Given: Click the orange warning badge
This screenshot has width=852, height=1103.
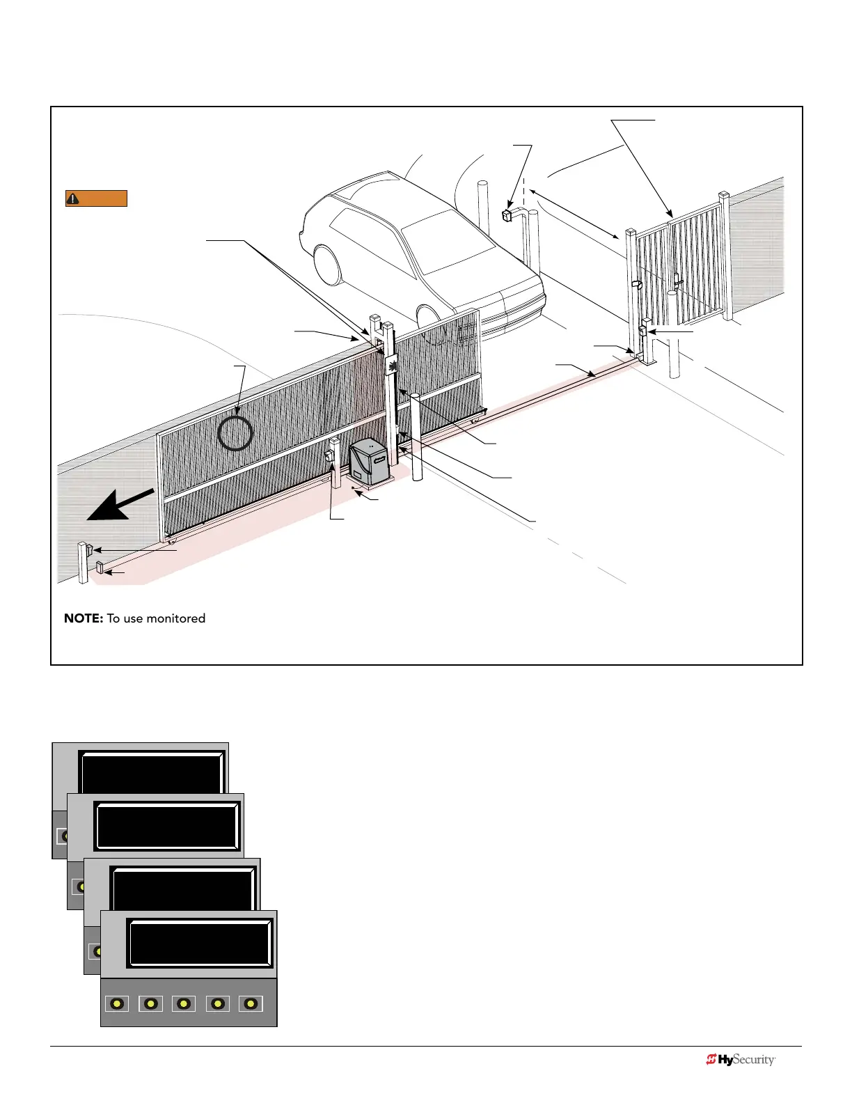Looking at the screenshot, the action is tap(96, 198).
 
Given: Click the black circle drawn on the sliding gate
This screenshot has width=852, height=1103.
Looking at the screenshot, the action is tap(235, 433).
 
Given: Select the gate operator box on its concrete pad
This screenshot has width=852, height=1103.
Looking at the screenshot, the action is tap(369, 462).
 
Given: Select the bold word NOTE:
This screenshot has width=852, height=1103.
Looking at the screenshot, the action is tap(84, 618).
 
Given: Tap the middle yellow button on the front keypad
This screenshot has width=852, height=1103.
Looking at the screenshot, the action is tap(184, 1003).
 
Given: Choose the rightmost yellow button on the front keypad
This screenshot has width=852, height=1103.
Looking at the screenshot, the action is tap(251, 1003).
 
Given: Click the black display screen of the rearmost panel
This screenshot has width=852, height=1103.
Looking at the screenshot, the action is tap(152, 772).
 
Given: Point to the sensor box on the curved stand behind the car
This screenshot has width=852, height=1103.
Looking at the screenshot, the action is tap(507, 214).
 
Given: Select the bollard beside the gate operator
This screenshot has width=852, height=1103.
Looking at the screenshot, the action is tap(416, 437).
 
